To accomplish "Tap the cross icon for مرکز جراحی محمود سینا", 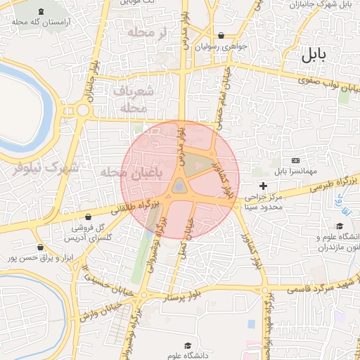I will pyautogui.click(x=264, y=186).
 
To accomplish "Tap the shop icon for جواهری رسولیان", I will pyautogui.click(x=221, y=35).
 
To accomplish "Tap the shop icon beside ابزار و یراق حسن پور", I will pyautogui.click(x=39, y=247).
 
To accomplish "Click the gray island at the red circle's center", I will pyautogui.click(x=180, y=186).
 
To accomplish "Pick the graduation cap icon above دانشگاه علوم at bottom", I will pyautogui.click(x=188, y=346).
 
